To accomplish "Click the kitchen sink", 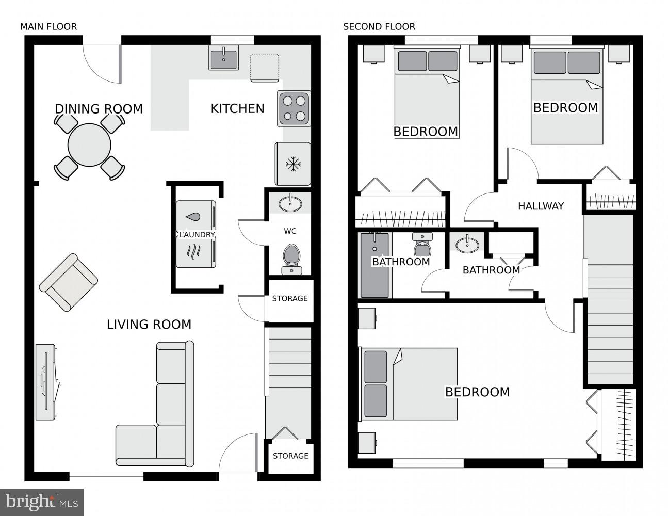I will point(223,57).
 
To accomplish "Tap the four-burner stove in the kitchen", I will point(294,108).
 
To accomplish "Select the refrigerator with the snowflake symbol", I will point(293,164).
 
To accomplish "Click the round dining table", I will point(89,144).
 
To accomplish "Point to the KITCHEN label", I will point(237,108).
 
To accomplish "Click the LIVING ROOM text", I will point(149,324).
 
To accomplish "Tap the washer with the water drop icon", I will point(195,217).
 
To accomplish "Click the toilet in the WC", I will point(291,258).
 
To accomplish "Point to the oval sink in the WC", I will point(291,203).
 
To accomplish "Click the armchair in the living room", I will point(68,282).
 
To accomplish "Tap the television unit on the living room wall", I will point(45,382).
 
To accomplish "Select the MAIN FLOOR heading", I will point(48,26).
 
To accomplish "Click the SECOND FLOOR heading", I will point(379,26).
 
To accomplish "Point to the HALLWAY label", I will point(541,206).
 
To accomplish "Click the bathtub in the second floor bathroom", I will point(374,265).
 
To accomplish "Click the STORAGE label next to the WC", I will point(290,298).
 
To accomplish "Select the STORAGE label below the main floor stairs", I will point(290,456).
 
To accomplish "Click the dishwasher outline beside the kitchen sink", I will point(265,68).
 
